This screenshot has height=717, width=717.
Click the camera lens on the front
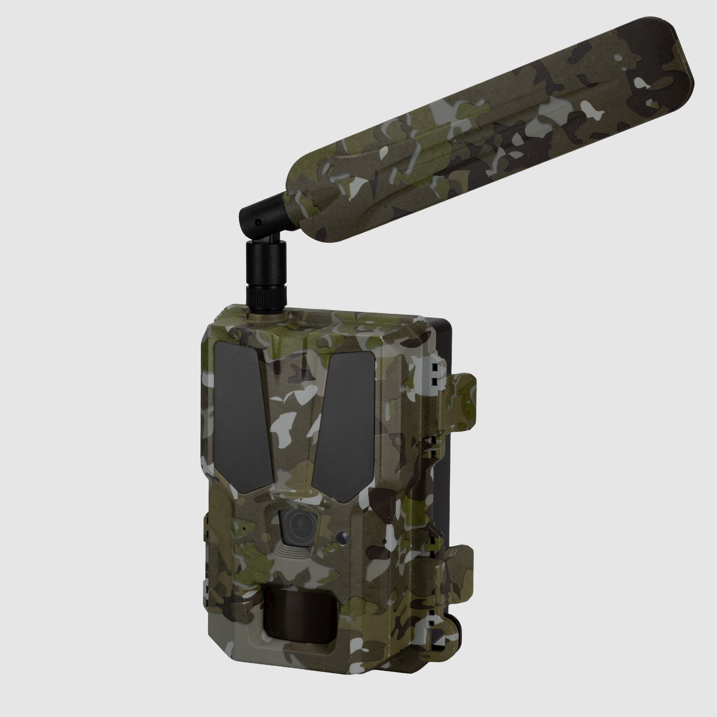(299, 524)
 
